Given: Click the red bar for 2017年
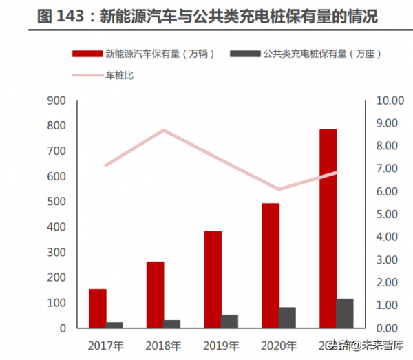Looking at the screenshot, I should tap(98, 308).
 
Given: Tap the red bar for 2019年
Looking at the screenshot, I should tap(213, 279).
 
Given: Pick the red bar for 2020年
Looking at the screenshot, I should tap(270, 266).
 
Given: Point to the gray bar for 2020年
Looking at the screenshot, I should tap(287, 317).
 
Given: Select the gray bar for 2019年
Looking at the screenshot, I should tap(230, 321).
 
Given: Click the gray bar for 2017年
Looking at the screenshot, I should tap(115, 325).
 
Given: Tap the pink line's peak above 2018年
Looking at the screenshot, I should tap(162, 130).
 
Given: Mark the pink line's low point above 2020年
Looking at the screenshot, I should tap(278, 189).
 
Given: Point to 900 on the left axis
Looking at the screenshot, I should tap(56, 101).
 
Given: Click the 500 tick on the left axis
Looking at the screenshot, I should tap(56, 202).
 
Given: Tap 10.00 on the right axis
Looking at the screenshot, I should tap(389, 101).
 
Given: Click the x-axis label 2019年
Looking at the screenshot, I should tap(221, 345).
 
